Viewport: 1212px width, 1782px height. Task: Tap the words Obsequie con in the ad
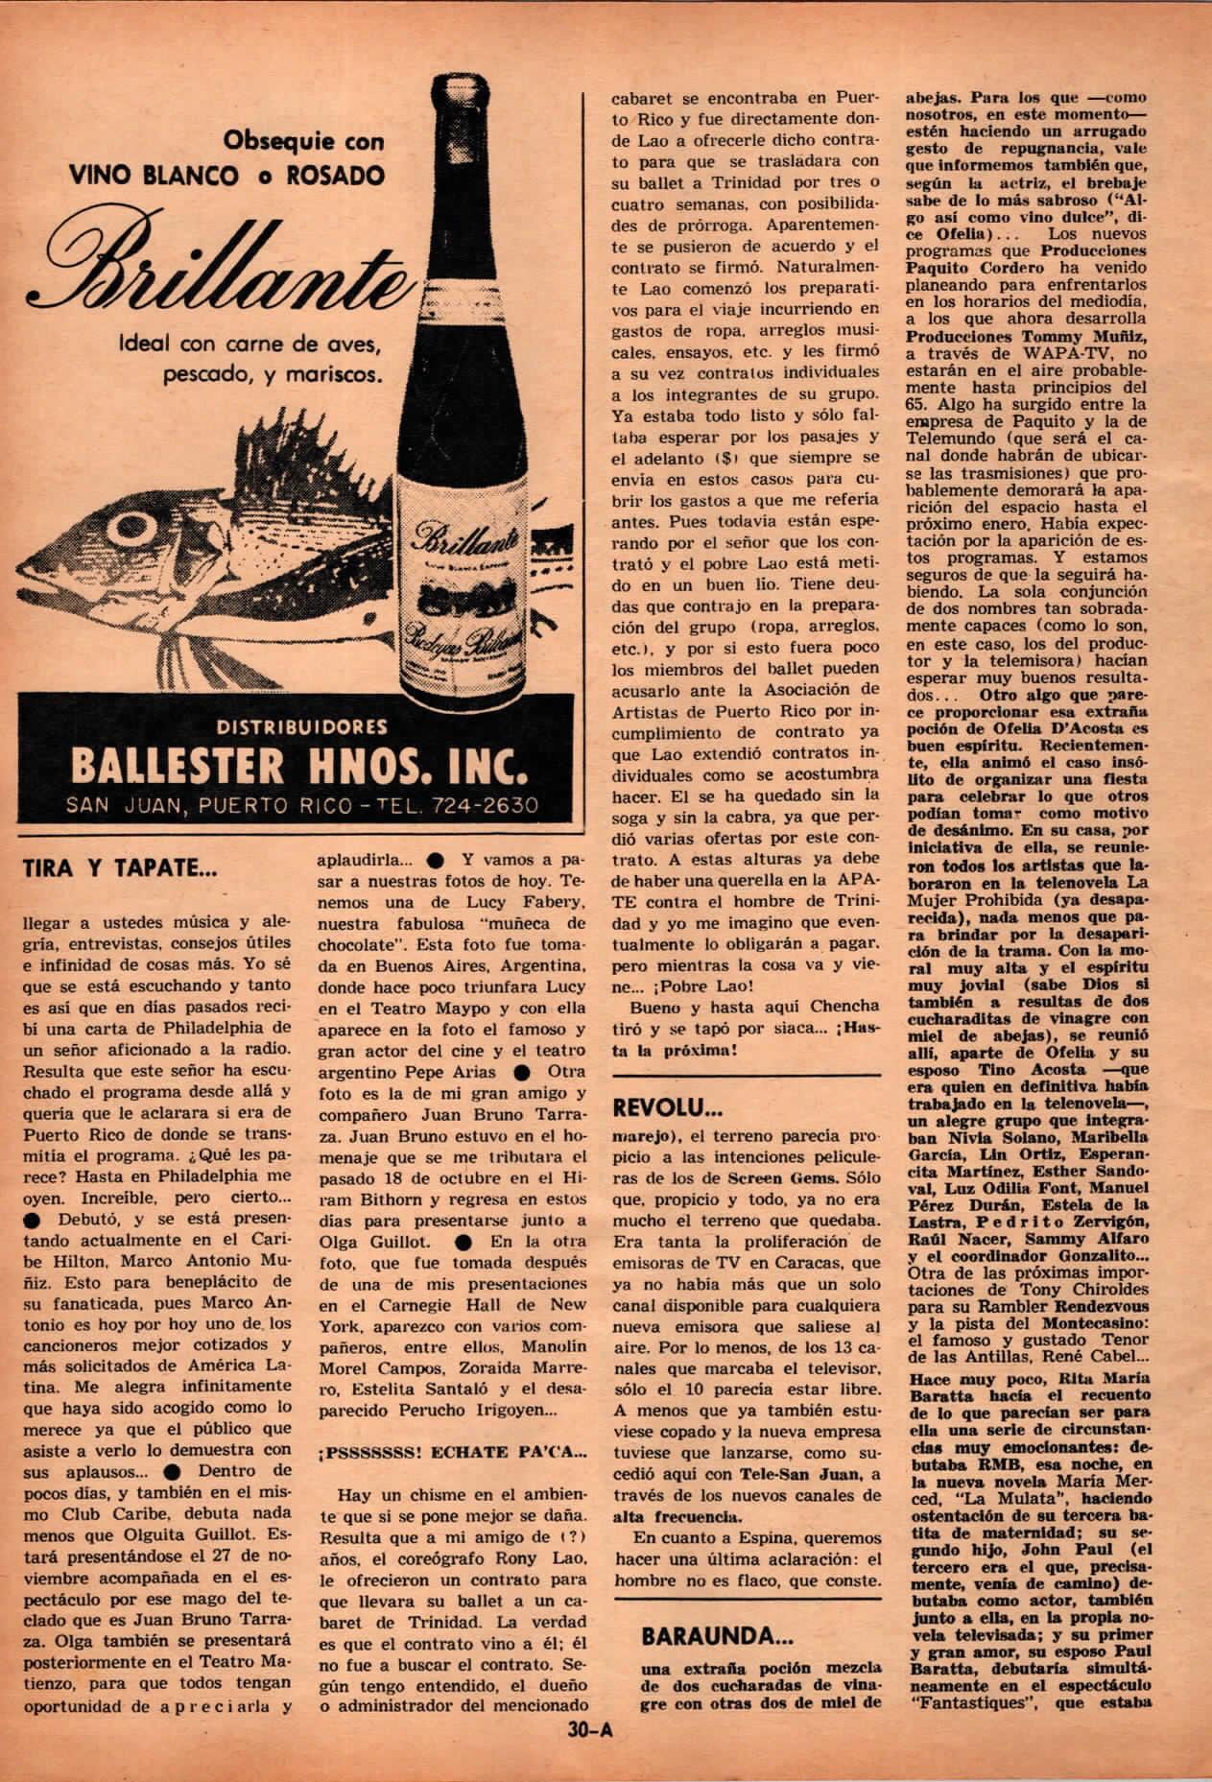303,141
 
